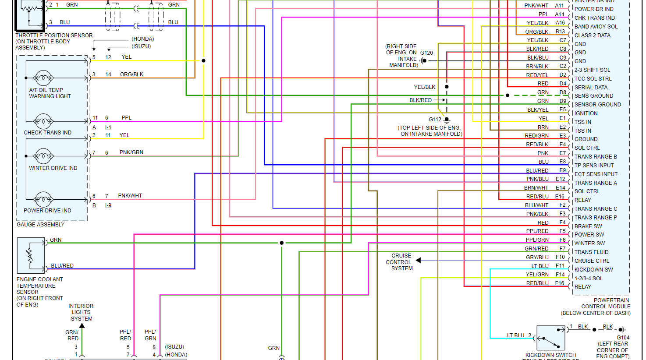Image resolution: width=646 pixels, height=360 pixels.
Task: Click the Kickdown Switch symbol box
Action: pyautogui.click(x=551, y=338)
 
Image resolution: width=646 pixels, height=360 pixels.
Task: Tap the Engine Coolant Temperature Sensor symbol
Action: pyautogui.click(x=31, y=255)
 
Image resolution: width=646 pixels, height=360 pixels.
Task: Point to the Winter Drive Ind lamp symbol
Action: pyautogui.click(x=43, y=155)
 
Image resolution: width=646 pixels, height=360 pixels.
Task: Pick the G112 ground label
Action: pyautogui.click(x=435, y=119)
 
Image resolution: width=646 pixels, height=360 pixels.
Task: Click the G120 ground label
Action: pyautogui.click(x=426, y=53)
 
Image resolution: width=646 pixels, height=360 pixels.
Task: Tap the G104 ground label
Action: pyautogui.click(x=623, y=338)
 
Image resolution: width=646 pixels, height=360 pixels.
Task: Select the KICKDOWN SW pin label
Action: pyautogui.click(x=593, y=270)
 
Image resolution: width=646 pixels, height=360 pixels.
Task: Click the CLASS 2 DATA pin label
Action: pyautogui.click(x=592, y=35)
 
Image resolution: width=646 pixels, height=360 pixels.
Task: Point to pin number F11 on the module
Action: pyautogui.click(x=560, y=266)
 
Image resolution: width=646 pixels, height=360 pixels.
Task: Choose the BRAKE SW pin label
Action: pyautogui.click(x=588, y=226)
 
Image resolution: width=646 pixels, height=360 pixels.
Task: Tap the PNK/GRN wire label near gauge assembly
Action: pyautogui.click(x=131, y=152)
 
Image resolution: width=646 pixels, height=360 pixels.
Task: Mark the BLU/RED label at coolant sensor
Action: pyautogui.click(x=62, y=266)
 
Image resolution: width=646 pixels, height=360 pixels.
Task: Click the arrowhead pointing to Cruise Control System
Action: pyautogui.click(x=418, y=261)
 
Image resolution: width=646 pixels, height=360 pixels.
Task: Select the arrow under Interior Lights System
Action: pyautogui.click(x=82, y=326)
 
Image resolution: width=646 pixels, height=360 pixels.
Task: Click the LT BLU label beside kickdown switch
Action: pyautogui.click(x=515, y=335)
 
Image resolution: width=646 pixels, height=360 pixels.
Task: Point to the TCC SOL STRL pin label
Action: pyautogui.click(x=593, y=79)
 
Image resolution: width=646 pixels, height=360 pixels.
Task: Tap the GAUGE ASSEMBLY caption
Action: pyautogui.click(x=40, y=225)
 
